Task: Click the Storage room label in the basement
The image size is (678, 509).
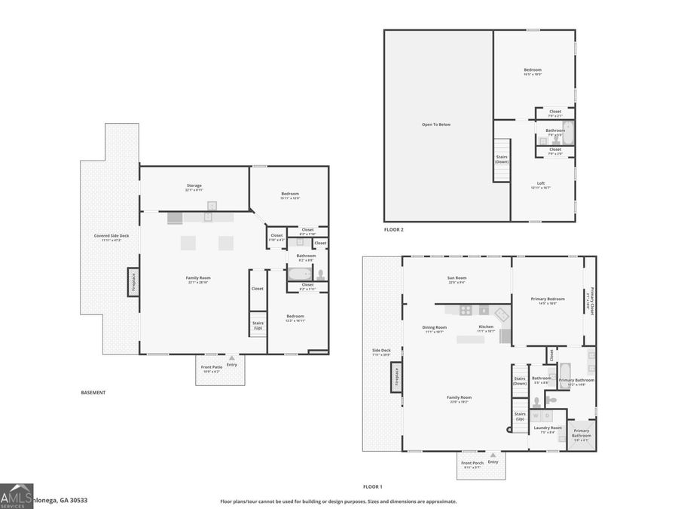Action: (194, 186)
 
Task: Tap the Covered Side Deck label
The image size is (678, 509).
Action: (111, 237)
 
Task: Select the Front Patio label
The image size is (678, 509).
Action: (210, 369)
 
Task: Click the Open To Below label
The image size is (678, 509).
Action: (436, 124)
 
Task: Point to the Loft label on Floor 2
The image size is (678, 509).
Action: (541, 185)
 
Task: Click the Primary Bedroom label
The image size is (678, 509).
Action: (548, 299)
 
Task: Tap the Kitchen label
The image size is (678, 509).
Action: (486, 328)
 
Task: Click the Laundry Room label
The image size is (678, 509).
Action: (548, 429)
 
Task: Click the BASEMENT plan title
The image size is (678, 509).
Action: (93, 393)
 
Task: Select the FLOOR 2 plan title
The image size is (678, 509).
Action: (394, 229)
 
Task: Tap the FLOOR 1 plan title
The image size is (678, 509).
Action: (373, 487)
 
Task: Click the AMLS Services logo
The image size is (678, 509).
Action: (17, 495)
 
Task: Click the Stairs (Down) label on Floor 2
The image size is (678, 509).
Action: (502, 160)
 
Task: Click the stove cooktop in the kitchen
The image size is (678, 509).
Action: (466, 310)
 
